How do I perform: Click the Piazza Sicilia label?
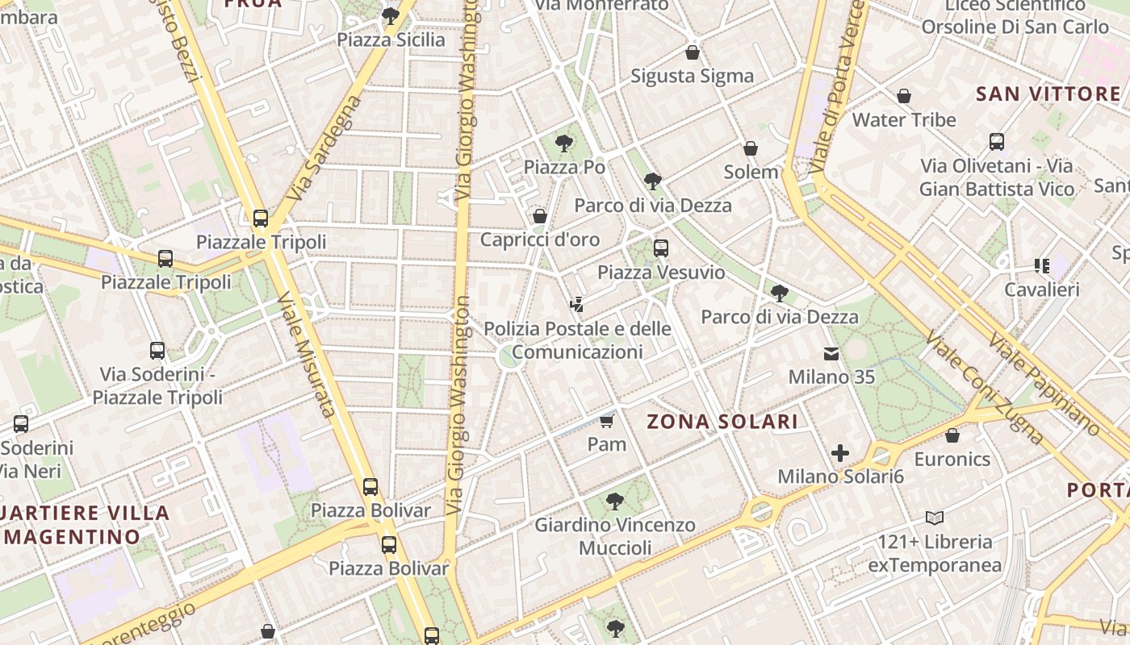tap(391, 40)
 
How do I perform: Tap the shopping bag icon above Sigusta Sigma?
tap(692, 52)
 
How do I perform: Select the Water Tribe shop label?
tap(904, 120)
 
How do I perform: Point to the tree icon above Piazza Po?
tap(564, 144)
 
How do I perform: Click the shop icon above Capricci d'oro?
tap(540, 216)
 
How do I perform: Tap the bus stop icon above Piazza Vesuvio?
tap(661, 248)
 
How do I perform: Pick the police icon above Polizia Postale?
tap(576, 305)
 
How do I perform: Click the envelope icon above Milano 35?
tap(831, 353)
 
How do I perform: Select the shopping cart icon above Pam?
tap(607, 420)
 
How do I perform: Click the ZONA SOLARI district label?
tap(722, 421)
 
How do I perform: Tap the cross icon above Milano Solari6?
tap(840, 453)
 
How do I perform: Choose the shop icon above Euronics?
tap(952, 435)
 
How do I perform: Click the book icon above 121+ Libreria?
tap(935, 518)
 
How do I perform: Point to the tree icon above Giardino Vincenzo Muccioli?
tap(615, 501)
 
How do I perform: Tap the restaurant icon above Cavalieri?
tap(1041, 265)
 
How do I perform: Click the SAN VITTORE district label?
tap(1048, 94)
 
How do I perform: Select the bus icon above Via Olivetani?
tap(997, 142)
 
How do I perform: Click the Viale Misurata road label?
tap(306, 355)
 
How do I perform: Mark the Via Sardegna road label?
tap(323, 148)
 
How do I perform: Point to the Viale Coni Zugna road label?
tap(984, 387)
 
